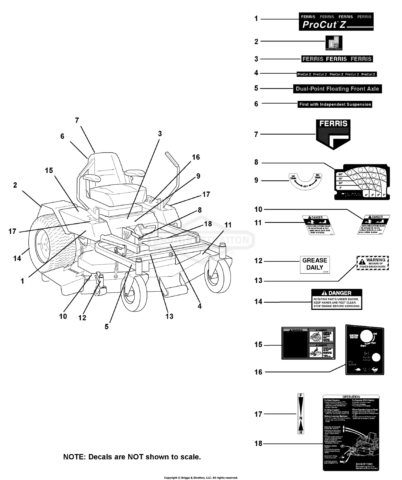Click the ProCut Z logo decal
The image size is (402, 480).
coord(336,21)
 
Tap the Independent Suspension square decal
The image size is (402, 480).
coord(334,43)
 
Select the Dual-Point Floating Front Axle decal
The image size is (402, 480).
coord(337,89)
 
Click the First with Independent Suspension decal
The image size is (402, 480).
coord(335,104)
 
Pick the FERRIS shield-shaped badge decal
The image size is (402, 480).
coord(333,134)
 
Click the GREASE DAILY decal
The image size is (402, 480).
coord(315,264)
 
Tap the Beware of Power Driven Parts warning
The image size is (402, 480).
coord(373,263)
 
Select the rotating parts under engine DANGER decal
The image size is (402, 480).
coord(337,299)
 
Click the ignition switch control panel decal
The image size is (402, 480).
coord(364,349)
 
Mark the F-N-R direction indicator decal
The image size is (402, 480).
coord(301,414)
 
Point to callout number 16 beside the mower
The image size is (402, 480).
coord(196,157)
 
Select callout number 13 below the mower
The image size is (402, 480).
coord(169,316)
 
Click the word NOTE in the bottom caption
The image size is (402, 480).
coord(74,457)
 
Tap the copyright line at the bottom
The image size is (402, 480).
coord(201,478)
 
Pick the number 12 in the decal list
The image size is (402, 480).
coord(258,261)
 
